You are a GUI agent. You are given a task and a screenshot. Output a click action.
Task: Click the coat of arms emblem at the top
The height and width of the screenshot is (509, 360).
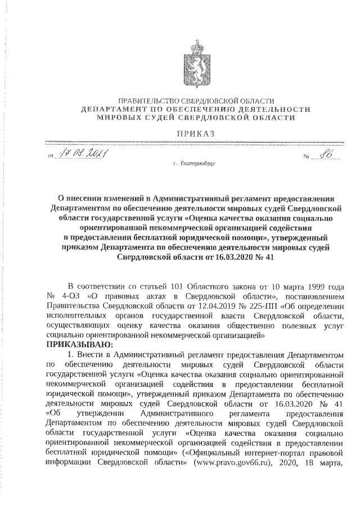195,60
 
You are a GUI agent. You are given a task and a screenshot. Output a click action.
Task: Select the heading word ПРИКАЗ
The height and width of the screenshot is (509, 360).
195,133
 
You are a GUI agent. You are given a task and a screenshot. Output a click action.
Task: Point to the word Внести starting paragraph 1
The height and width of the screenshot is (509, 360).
93,354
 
